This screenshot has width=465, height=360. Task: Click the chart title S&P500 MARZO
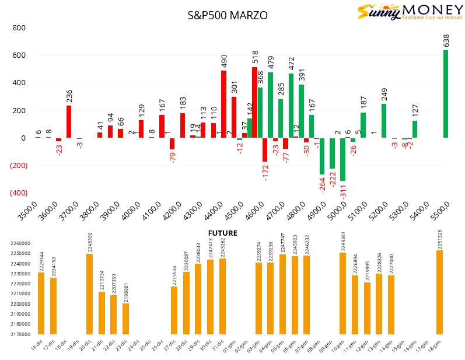[x=228, y=16]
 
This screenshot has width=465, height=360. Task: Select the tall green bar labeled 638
[x=446, y=94]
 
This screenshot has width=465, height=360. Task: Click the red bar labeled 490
[x=223, y=104]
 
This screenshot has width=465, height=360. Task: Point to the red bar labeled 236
[x=69, y=122]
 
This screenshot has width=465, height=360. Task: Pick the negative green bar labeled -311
[x=342, y=159]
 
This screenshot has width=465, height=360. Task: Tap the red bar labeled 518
[x=254, y=103]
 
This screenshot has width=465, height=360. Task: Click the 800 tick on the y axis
[x=19, y=28]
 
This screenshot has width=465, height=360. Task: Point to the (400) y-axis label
[x=18, y=193]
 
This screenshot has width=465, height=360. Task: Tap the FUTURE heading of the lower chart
[x=223, y=233]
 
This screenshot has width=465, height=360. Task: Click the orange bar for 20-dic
[x=89, y=294]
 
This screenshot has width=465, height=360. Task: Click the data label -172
[x=265, y=173]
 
